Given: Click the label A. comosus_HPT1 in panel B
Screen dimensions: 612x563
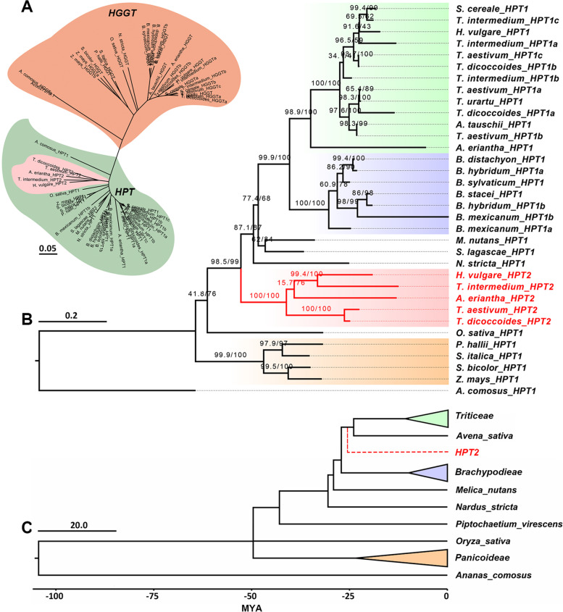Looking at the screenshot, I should (493, 391).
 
